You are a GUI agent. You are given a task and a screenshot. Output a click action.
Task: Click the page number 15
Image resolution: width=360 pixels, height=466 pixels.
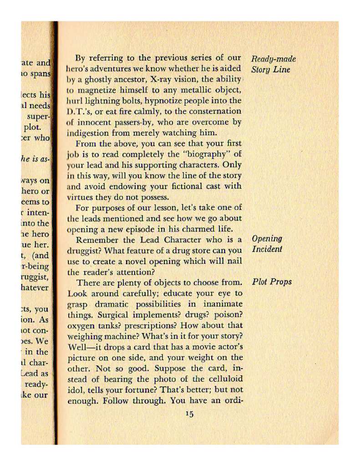[190, 414]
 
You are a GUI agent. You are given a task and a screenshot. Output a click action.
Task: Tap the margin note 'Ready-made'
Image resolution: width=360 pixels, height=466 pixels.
[274, 59]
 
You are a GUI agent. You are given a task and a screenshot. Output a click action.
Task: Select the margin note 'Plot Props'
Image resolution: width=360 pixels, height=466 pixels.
[272, 282]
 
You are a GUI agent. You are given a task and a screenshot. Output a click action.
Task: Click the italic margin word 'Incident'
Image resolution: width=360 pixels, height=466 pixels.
[267, 249]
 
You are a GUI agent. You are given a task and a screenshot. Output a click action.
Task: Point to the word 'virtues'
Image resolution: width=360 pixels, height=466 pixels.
[81, 197]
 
